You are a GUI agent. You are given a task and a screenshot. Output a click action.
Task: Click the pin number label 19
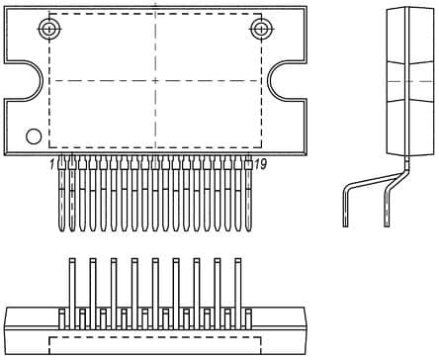click(260, 164)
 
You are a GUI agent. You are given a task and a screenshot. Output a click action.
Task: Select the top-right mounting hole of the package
click(260, 29)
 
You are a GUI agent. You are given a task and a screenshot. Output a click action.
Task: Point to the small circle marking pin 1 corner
click(34, 135)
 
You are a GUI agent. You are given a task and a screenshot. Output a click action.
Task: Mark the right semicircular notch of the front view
click(285, 80)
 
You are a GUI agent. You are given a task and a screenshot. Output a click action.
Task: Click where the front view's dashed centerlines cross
click(154, 80)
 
